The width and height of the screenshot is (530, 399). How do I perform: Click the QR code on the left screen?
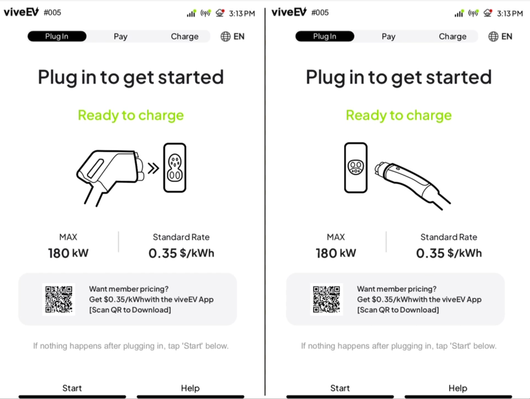59,299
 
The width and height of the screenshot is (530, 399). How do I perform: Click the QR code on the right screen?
327,299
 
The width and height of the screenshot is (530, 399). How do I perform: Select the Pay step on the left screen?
121,36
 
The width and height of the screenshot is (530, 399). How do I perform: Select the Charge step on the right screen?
453,36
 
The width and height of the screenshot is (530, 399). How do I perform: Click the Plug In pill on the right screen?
325,36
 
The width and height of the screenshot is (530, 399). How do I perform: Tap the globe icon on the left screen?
226,36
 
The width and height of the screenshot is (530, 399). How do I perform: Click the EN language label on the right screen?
507,36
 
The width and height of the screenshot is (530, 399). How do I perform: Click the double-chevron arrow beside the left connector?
153,168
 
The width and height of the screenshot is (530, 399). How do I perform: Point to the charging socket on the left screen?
175,168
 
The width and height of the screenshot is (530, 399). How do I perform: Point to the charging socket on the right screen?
356,168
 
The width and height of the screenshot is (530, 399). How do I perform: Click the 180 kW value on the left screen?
68,253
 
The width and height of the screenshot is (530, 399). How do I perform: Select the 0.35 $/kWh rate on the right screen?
449,253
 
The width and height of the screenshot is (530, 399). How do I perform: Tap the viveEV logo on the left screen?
21,12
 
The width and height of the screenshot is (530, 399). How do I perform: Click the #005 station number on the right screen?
320,13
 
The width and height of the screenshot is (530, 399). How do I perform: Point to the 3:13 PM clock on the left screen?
242,13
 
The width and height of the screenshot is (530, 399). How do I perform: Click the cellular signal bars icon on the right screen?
459,13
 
